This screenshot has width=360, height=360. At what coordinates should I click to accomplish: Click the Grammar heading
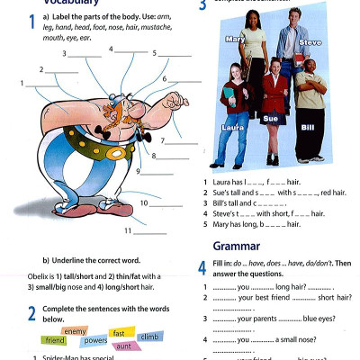tap(236, 246)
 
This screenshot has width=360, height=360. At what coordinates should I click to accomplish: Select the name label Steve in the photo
tap(310, 42)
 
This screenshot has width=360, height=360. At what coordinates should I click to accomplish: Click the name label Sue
tap(270, 118)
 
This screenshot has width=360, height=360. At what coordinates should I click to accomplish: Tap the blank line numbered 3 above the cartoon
tap(85, 56)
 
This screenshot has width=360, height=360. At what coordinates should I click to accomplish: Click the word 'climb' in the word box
tap(151, 337)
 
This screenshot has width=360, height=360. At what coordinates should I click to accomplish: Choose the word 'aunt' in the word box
tap(125, 346)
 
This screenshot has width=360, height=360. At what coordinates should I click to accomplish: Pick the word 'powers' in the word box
tap(95, 342)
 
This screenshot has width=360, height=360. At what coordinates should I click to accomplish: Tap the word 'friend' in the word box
tap(55, 341)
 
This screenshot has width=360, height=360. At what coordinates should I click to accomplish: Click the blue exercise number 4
tap(202, 267)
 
